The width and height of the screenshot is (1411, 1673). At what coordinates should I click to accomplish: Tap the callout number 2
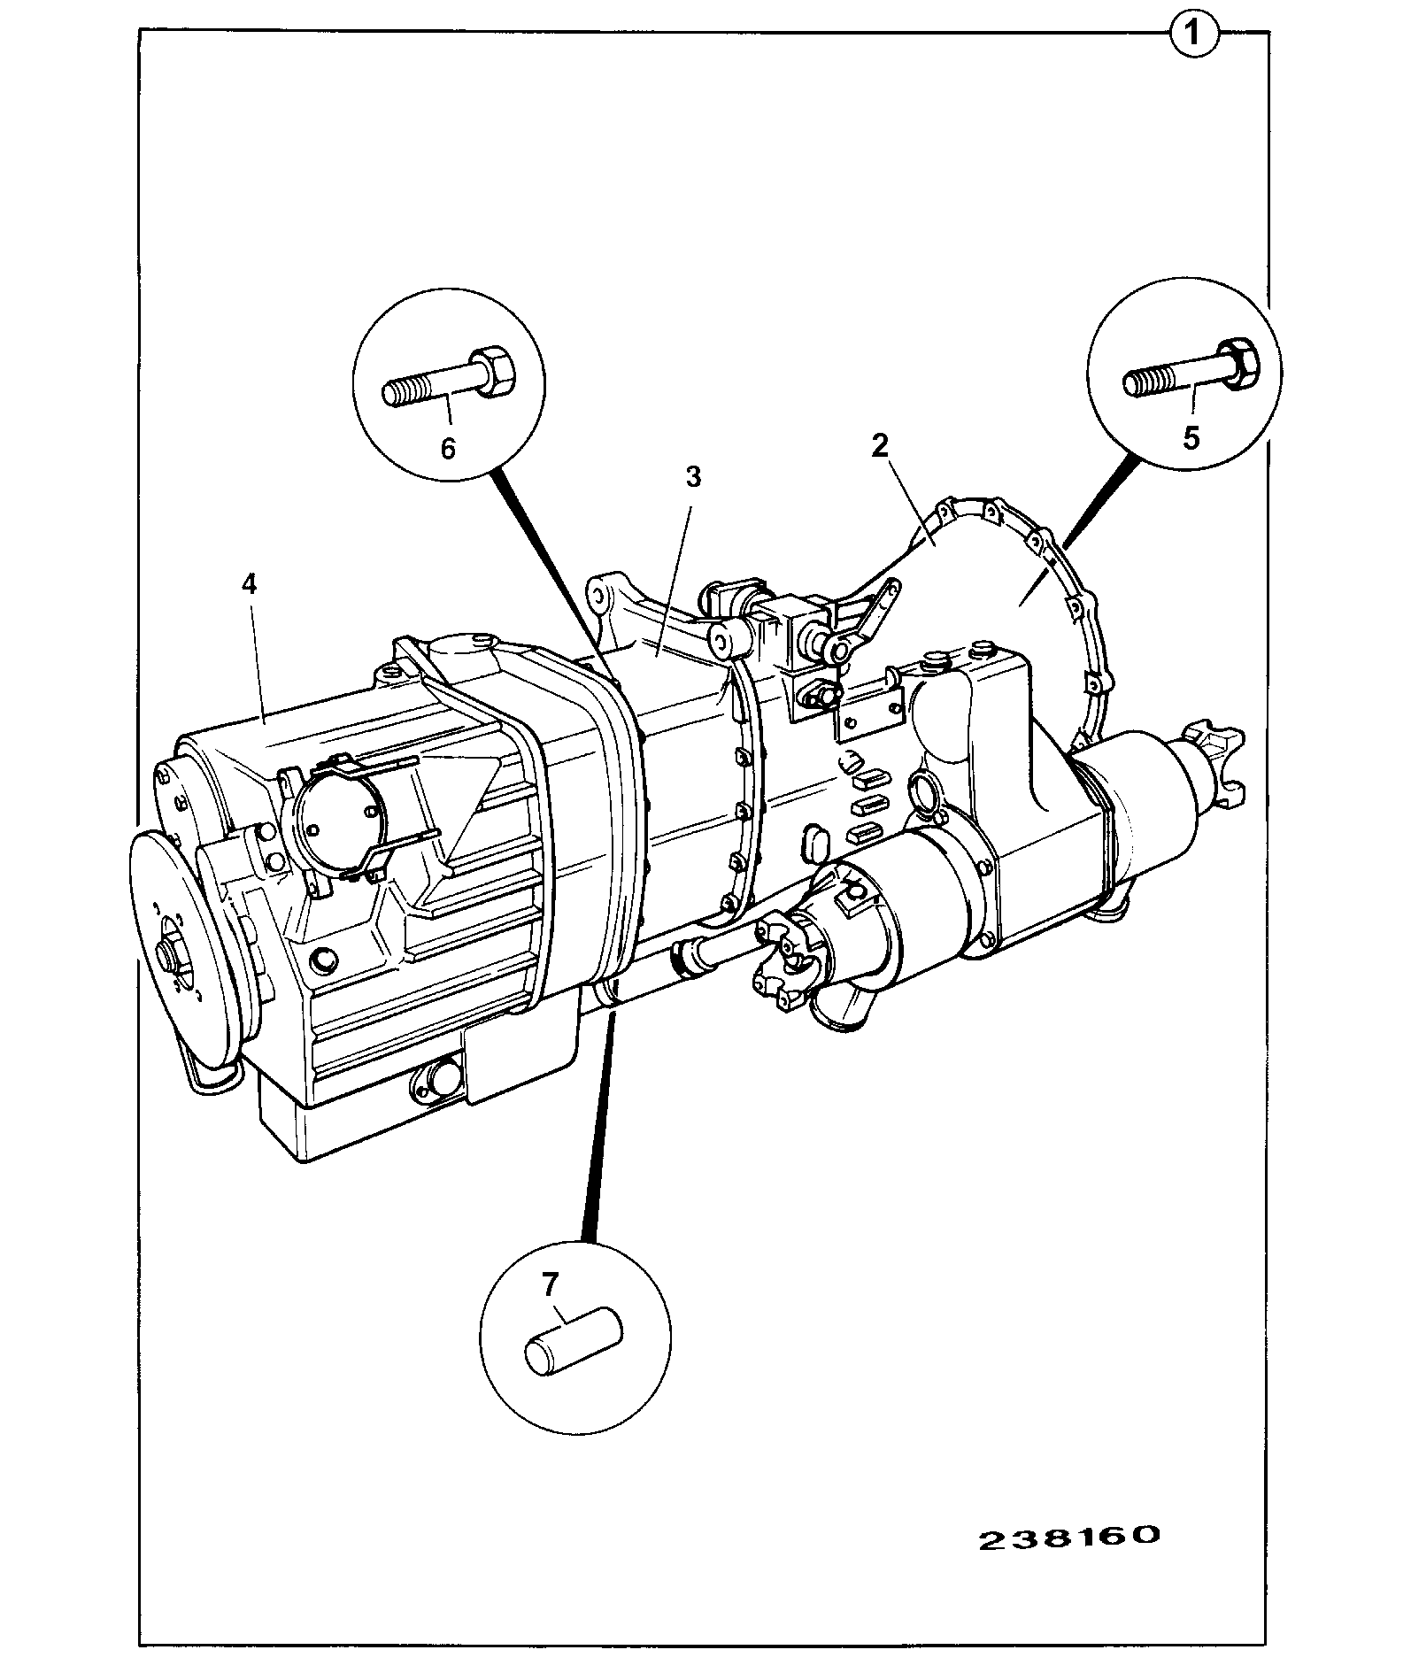click(x=879, y=444)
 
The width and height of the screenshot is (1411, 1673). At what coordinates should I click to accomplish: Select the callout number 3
click(x=693, y=477)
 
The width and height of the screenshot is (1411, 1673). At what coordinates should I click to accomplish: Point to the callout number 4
click(x=250, y=583)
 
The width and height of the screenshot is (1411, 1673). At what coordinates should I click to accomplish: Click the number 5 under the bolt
click(x=1191, y=437)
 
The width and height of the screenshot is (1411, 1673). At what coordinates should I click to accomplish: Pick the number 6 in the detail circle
click(x=448, y=449)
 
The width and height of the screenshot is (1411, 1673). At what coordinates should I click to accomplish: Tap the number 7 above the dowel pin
click(x=550, y=1283)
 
